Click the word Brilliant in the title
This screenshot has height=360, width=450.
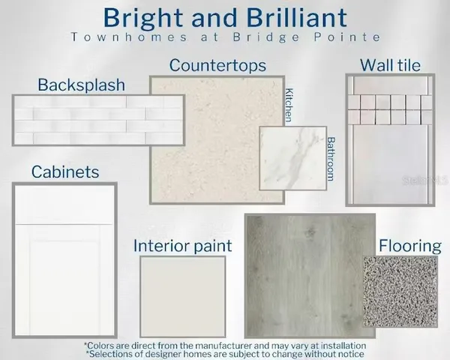click(277, 16)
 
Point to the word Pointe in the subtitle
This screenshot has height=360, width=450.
click(352, 37)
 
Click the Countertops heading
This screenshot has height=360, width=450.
click(217, 65)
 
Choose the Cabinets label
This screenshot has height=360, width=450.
click(65, 172)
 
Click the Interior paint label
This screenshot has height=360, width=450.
click(182, 245)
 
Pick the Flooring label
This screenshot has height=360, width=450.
click(409, 245)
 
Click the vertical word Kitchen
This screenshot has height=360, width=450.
click(289, 106)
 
